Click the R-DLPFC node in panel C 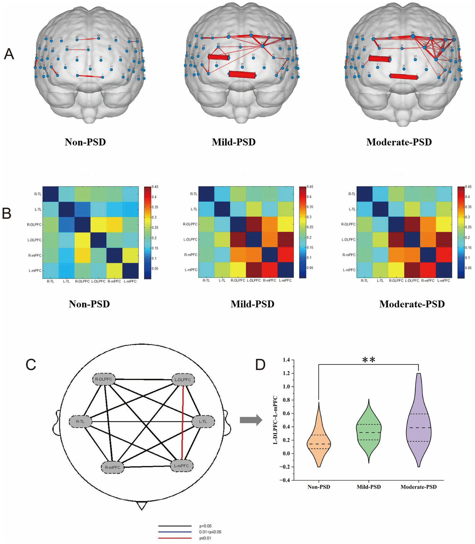(x=104, y=379)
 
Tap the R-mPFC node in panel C (x=113, y=467)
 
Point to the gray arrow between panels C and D (x=251, y=420)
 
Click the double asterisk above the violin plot (x=369, y=360)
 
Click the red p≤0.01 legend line (x=175, y=538)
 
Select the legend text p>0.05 (x=205, y=526)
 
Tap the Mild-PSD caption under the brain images (x=234, y=142)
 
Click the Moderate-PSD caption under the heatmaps (x=412, y=304)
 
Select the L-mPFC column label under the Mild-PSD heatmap (x=286, y=281)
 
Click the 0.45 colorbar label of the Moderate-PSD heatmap (x=468, y=187)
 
